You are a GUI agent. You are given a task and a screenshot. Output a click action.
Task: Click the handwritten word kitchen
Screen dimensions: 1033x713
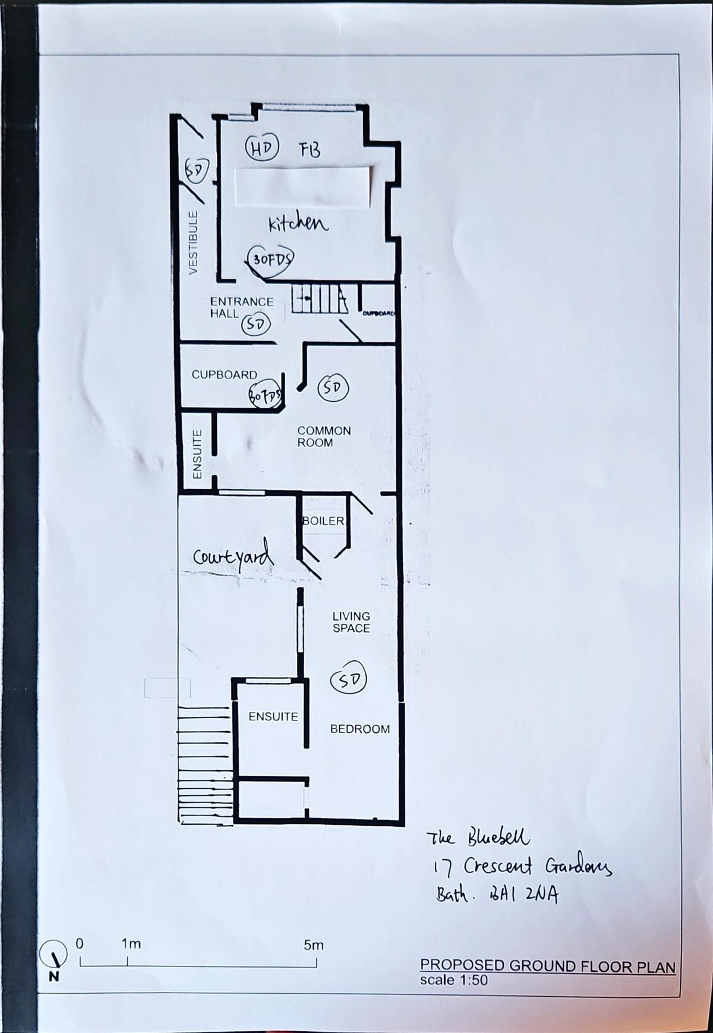(x=298, y=223)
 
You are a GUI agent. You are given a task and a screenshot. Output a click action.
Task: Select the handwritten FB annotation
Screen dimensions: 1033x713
(x=310, y=150)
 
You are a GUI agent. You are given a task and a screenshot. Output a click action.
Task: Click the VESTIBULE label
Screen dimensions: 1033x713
(x=193, y=242)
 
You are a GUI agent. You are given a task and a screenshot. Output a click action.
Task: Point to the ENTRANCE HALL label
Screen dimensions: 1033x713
(x=241, y=307)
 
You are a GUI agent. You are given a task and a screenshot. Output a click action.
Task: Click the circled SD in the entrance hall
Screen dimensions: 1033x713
(x=256, y=325)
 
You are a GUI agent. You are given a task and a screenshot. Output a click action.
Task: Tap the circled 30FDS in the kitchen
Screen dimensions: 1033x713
(x=272, y=259)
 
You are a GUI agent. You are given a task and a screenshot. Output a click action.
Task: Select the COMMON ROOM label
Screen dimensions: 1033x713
(x=324, y=436)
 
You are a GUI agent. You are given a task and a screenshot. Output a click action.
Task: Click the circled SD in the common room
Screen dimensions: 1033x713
(x=333, y=388)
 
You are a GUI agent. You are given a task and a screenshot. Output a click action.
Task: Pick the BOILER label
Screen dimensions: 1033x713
(x=323, y=521)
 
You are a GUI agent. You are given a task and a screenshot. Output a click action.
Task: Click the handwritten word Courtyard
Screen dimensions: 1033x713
(x=234, y=557)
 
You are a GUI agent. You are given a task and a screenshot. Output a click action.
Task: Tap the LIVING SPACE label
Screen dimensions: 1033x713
(x=351, y=622)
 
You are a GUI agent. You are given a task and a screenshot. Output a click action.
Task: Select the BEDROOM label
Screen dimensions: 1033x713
(x=360, y=729)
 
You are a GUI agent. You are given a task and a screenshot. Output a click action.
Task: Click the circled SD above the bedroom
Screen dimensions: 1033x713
(x=349, y=680)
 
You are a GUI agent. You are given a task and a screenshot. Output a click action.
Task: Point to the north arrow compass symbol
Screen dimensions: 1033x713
(x=53, y=955)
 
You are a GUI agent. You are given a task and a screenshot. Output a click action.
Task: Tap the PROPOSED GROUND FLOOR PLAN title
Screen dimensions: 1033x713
(x=547, y=966)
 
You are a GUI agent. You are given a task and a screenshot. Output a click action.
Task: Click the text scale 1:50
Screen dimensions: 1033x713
(x=453, y=980)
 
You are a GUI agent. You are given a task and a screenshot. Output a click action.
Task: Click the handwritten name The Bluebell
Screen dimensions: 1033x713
(x=478, y=838)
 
